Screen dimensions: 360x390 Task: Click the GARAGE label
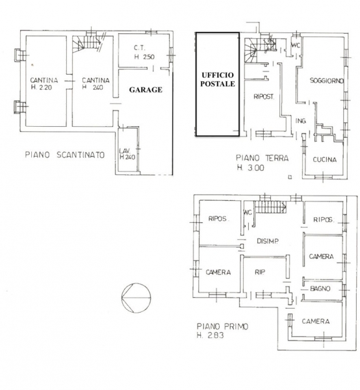[x=146, y=90]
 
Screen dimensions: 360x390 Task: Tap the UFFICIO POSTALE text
[x=218, y=79]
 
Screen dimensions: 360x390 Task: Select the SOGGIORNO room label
[x=327, y=81]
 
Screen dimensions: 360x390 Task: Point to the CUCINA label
[x=324, y=159]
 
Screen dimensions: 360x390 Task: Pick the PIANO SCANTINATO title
[x=64, y=155]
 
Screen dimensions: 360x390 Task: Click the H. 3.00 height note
[x=251, y=168]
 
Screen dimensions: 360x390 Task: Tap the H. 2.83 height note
[x=211, y=335]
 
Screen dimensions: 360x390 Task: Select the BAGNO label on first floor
[x=320, y=289]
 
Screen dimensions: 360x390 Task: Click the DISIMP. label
[x=268, y=240]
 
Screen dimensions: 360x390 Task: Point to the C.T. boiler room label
[x=139, y=47]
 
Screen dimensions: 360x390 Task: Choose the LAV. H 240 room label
[x=127, y=154]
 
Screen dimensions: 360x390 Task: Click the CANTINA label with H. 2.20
[x=44, y=84]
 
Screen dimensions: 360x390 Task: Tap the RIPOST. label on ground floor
[x=264, y=96]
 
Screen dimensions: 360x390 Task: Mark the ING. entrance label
[x=301, y=121]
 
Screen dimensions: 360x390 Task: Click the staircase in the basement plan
[x=87, y=44]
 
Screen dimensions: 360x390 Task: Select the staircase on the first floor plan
[x=270, y=207]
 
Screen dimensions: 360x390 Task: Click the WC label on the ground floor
[x=296, y=45]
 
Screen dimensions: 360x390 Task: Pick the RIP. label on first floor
[x=259, y=272]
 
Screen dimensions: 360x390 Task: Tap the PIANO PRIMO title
[x=222, y=326]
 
